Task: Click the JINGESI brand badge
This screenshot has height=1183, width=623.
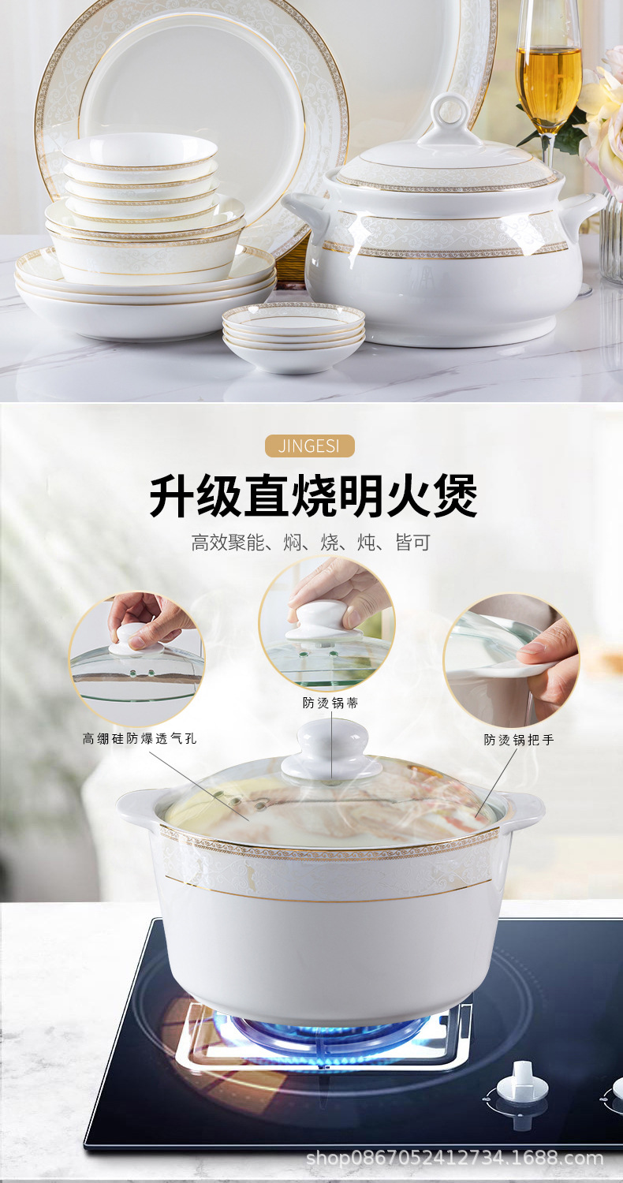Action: pyautogui.click(x=309, y=446)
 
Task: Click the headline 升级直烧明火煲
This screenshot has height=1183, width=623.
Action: pyautogui.click(x=313, y=495)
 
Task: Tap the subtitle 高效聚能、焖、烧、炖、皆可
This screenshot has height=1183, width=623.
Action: pyautogui.click(x=311, y=543)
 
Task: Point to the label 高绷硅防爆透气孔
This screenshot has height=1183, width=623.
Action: pyautogui.click(x=140, y=739)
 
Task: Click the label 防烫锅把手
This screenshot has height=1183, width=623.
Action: pyautogui.click(x=519, y=741)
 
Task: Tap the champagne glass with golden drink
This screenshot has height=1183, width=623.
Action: pyautogui.click(x=547, y=75)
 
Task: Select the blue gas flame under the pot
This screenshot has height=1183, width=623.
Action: pyautogui.click(x=331, y=1029)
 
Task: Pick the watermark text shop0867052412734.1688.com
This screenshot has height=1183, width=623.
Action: pyautogui.click(x=454, y=1159)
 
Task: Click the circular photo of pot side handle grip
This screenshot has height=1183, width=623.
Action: pyautogui.click(x=511, y=661)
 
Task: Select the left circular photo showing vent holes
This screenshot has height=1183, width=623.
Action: pyautogui.click(x=136, y=659)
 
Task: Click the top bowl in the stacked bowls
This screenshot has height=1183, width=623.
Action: pyautogui.click(x=139, y=151)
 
